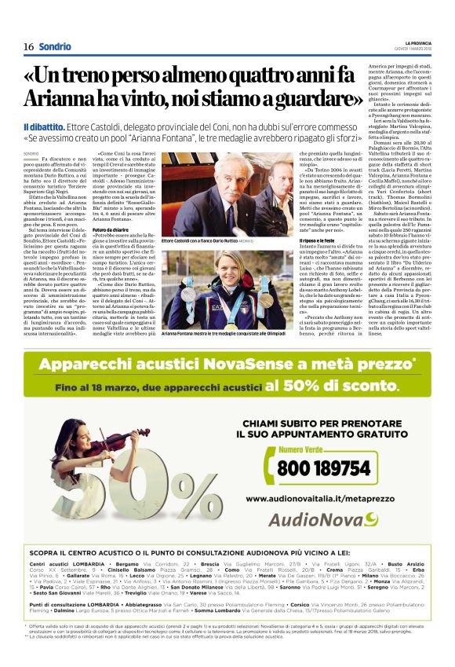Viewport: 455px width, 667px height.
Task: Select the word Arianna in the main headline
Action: [x=60, y=100]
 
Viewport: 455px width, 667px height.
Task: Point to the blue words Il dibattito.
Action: [x=46, y=126]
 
